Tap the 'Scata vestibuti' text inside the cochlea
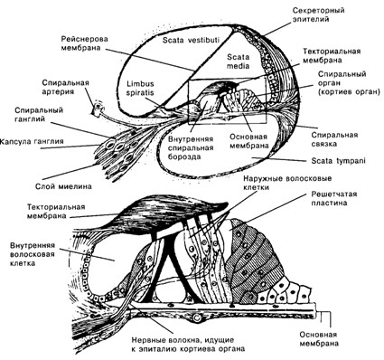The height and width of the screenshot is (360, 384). tap(191, 40)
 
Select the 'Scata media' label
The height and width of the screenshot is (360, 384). tap(238, 62)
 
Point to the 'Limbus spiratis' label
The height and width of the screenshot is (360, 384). tap(140, 88)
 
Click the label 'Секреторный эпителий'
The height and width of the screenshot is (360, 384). tap(318, 14)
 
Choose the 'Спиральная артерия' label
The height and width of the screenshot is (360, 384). tap(66, 87)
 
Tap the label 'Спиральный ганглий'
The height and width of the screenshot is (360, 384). tap(39, 114)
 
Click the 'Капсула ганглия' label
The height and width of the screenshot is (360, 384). tap(32, 141)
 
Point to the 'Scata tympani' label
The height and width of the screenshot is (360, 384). tap(338, 161)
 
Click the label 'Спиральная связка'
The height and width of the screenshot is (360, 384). tap(334, 139)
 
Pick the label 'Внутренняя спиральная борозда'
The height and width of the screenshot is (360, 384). tap(191, 147)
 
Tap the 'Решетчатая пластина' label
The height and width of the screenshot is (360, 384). tap(334, 198)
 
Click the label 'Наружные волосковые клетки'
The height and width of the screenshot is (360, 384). tap(287, 183)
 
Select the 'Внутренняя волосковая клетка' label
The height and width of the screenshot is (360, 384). tap(33, 254)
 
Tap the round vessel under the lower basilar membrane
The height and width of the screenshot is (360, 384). tap(197, 317)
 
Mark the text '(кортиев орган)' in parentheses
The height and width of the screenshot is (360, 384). tap(349, 92)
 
